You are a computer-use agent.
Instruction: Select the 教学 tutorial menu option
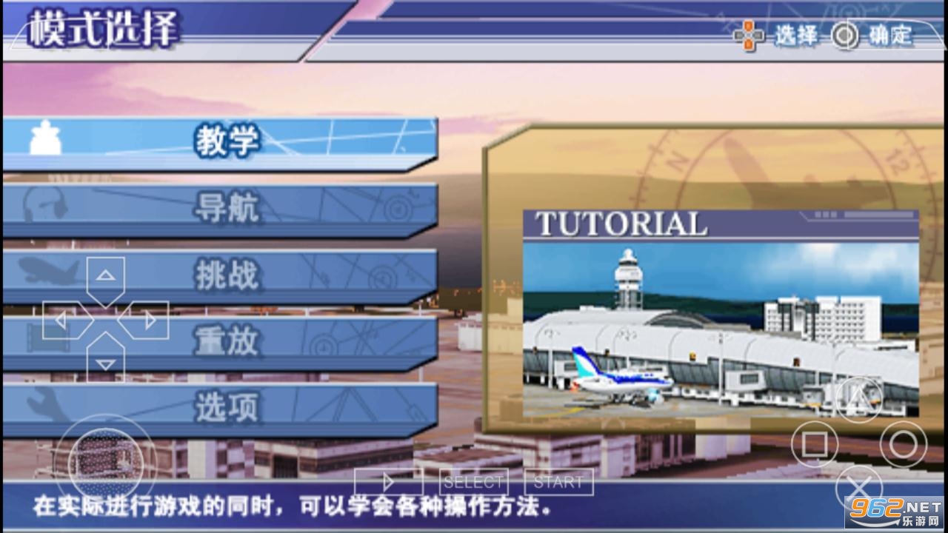pos(220,143)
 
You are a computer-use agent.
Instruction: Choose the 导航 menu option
pos(220,209)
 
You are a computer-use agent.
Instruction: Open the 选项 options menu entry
pos(220,409)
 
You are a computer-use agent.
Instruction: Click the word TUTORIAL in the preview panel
pos(621,224)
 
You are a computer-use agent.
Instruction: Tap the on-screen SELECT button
pos(473,482)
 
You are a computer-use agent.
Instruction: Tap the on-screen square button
pos(815,444)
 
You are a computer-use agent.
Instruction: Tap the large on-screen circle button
pos(904,444)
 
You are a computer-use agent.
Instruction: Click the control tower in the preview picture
pos(628,279)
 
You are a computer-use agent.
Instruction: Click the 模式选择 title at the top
pos(104,28)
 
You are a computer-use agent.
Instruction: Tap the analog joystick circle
pos(106,463)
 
